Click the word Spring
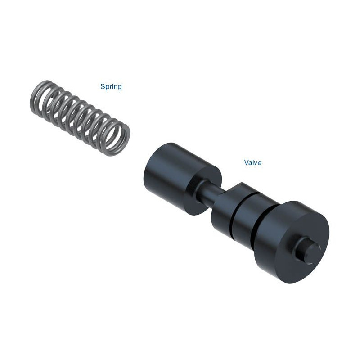(x=111, y=87)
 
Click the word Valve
(x=253, y=162)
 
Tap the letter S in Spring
(x=103, y=86)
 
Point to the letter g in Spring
(x=120, y=88)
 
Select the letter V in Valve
(x=247, y=162)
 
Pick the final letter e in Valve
(x=260, y=163)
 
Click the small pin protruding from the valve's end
(x=308, y=249)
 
